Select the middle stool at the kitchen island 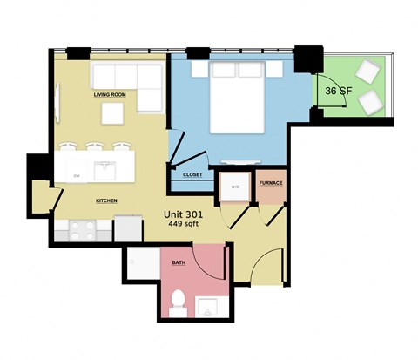[95, 147]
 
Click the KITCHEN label [106, 201]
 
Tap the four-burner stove [82, 230]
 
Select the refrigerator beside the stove [128, 228]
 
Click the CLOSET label [192, 174]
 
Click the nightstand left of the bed [199, 68]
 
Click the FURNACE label [270, 183]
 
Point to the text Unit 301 [190, 212]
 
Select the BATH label [178, 262]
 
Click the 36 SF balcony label [338, 90]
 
